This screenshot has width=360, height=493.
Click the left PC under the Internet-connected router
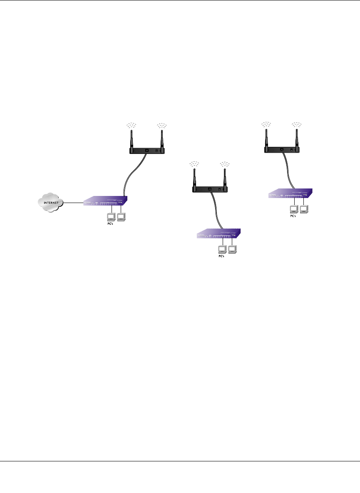tap(111, 216)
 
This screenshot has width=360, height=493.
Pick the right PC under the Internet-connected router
tap(122, 216)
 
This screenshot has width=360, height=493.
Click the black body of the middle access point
tap(210, 189)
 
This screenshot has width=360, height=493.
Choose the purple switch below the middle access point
tap(219, 235)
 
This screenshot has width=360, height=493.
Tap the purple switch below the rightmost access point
tap(291, 193)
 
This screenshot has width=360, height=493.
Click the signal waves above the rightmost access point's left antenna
tap(266, 124)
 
